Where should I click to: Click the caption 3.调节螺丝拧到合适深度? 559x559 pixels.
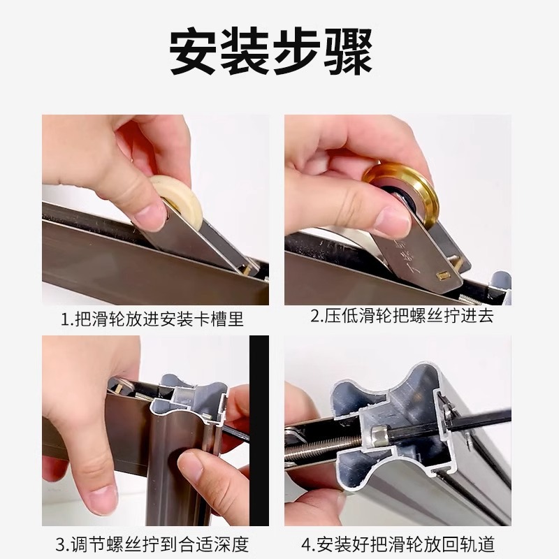click(152, 544)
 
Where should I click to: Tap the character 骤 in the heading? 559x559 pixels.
click(346, 52)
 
